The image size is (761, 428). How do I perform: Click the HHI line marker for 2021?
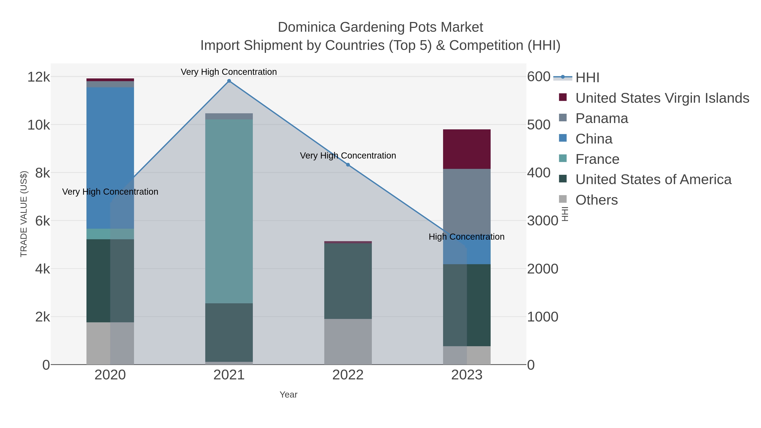pyautogui.click(x=229, y=81)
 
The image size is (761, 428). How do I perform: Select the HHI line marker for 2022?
pyautogui.click(x=348, y=165)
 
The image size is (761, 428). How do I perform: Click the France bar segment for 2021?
pyautogui.click(x=229, y=211)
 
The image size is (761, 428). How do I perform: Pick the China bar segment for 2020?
pyautogui.click(x=110, y=158)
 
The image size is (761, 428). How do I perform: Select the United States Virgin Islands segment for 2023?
pyautogui.click(x=467, y=149)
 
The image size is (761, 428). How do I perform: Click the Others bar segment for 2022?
pyautogui.click(x=348, y=342)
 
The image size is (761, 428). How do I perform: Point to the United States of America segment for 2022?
pyautogui.click(x=348, y=281)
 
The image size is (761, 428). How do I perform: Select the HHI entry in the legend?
pyautogui.click(x=587, y=78)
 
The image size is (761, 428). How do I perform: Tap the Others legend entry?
pyautogui.click(x=597, y=200)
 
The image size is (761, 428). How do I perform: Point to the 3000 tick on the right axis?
pyautogui.click(x=542, y=221)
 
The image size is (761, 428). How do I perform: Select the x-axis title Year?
pyautogui.click(x=288, y=395)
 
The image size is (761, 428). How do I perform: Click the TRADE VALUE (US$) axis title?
pyautogui.click(x=24, y=214)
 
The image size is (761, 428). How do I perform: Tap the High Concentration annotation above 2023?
pyautogui.click(x=467, y=237)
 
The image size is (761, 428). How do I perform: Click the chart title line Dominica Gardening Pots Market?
pyautogui.click(x=380, y=27)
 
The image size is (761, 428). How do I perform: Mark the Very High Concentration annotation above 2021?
pyautogui.click(x=229, y=72)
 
